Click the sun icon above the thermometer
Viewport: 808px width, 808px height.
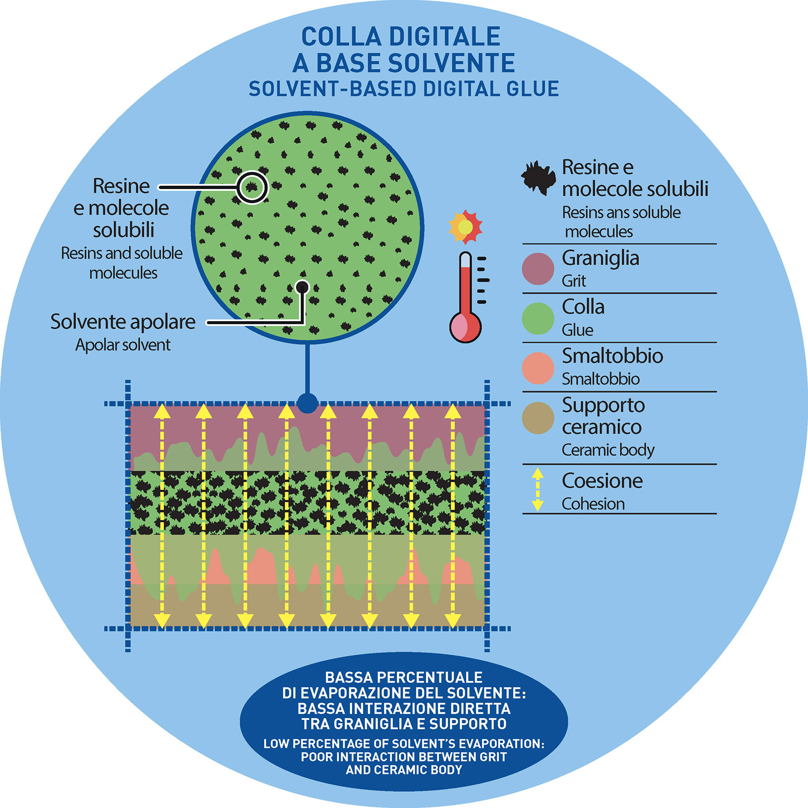466,227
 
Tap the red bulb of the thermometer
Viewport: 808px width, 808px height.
465,327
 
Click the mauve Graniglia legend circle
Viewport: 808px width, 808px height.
538,269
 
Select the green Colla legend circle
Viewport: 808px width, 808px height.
538,318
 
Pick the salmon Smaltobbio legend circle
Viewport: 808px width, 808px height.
538,368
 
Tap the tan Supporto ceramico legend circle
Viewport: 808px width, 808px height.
538,418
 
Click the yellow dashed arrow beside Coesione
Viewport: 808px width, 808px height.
537,490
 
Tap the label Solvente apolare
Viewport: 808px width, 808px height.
123,322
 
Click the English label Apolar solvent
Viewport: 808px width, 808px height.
123,345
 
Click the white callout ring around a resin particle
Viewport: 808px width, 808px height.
252,187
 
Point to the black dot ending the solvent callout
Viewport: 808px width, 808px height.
302,287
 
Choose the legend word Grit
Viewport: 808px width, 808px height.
574,281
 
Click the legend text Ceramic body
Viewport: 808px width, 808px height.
608,450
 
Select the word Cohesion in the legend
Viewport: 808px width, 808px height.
593,504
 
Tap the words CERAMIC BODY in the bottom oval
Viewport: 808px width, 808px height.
404,770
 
